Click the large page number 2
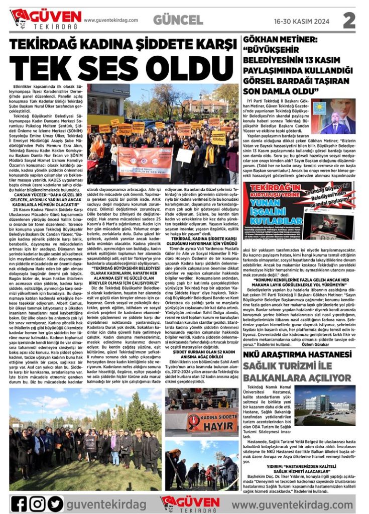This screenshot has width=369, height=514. pyautogui.click(x=349, y=20)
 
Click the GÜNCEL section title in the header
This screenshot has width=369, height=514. pyautogui.click(x=178, y=20)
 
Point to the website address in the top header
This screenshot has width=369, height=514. pyautogui.click(x=111, y=20)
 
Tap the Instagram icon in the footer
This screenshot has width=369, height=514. pyautogui.click(x=37, y=503)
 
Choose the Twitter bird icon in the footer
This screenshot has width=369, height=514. pyautogui.click(x=55, y=503)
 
